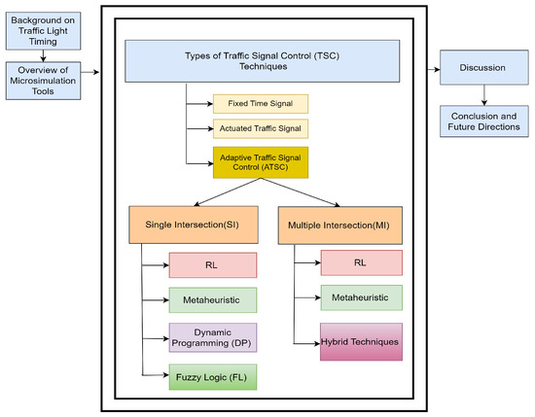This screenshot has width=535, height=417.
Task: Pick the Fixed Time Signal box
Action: tap(260, 104)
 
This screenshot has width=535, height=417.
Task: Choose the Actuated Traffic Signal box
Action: tap(260, 127)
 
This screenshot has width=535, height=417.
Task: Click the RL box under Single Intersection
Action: tap(211, 264)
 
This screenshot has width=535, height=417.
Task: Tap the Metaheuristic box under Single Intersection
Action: tap(211, 298)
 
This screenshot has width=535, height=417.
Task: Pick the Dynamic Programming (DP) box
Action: tap(211, 337)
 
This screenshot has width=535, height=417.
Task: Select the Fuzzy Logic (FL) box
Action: tap(211, 375)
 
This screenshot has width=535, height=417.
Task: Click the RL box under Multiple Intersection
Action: tap(360, 262)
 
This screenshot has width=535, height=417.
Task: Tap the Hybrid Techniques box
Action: tap(360, 341)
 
